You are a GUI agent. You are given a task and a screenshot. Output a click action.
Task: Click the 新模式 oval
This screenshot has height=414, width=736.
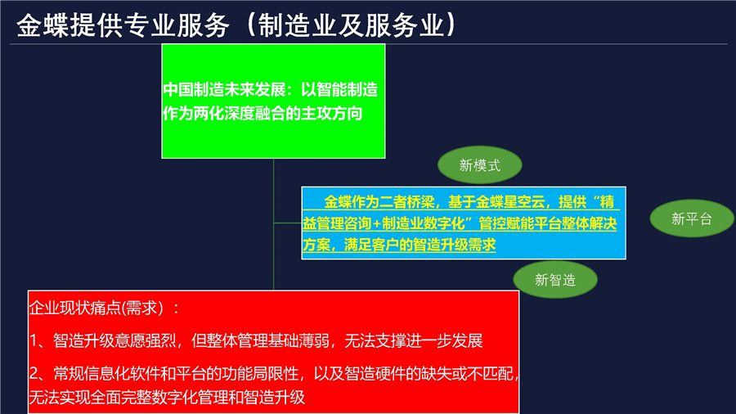coord(480,166)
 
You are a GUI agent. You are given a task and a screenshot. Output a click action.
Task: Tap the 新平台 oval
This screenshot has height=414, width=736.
coord(692,218)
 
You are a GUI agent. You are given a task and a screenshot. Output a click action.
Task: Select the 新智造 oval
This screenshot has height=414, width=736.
coord(555,280)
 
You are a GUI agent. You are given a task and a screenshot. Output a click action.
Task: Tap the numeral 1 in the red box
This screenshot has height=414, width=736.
coord(34,340)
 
